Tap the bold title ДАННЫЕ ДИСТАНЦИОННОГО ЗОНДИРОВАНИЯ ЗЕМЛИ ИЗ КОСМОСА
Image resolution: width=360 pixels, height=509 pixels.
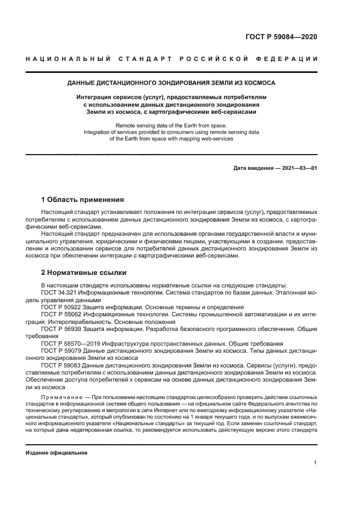(171, 83)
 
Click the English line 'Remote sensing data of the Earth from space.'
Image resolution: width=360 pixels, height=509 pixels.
(171, 125)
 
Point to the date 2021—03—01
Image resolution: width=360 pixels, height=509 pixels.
(298, 168)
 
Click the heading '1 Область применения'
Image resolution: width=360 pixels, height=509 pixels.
(82, 199)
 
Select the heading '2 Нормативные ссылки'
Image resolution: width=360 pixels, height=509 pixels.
(84, 272)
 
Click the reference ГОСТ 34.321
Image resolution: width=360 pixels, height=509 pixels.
(59, 292)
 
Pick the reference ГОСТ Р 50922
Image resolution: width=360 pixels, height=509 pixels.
(63, 306)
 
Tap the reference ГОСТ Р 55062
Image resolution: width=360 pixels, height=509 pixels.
(63, 314)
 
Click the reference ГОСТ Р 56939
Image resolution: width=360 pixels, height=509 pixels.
(63, 329)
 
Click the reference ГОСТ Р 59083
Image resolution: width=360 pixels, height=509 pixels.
(63, 365)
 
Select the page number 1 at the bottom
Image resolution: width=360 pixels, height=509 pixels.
(315, 463)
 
